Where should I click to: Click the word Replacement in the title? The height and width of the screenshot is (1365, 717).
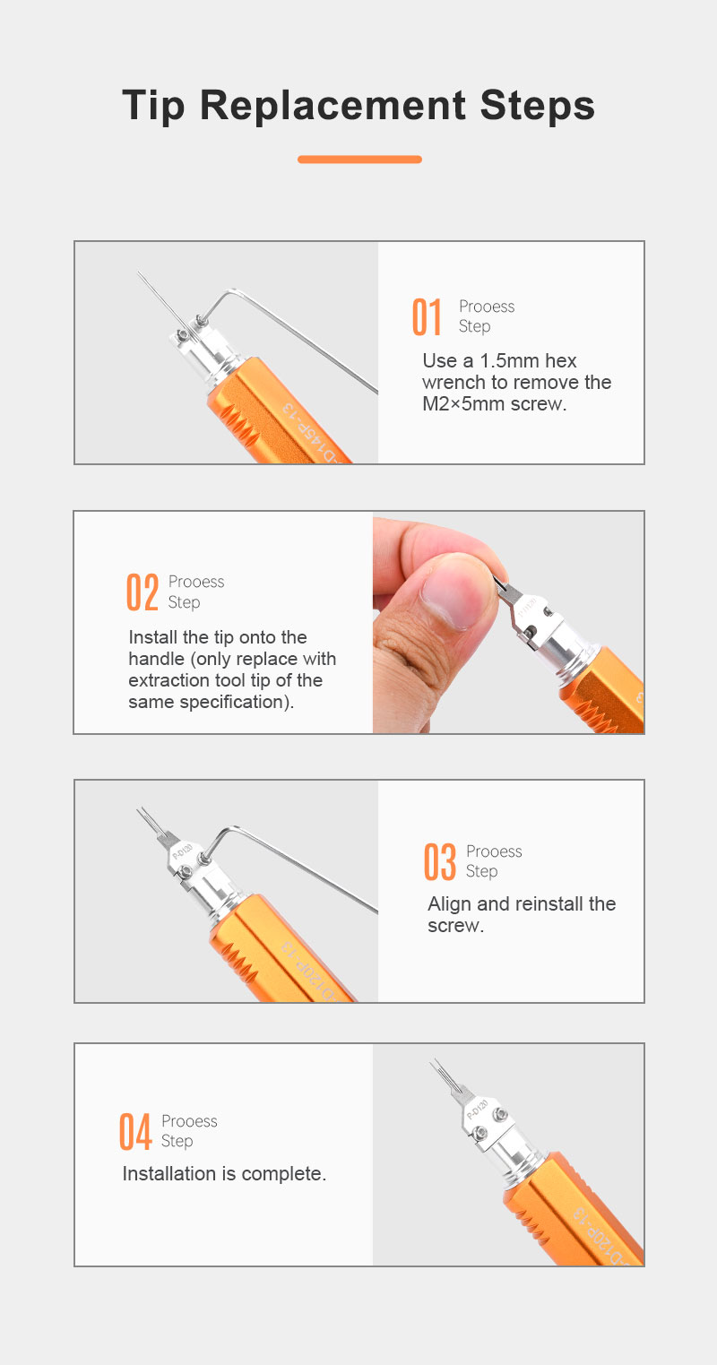click(333, 106)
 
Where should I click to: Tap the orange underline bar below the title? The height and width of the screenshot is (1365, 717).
click(359, 160)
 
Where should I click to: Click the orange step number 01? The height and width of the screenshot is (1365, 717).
click(427, 317)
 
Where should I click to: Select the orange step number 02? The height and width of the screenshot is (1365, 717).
click(143, 592)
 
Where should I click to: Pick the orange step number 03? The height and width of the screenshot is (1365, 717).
click(440, 861)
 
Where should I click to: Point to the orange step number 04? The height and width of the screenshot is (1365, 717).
click(135, 1132)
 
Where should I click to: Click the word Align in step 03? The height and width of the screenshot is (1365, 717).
click(450, 904)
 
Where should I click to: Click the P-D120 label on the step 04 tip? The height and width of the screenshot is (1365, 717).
click(479, 1109)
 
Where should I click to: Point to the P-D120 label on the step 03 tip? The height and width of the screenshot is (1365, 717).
click(183, 851)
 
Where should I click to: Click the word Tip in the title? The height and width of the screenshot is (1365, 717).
click(153, 106)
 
